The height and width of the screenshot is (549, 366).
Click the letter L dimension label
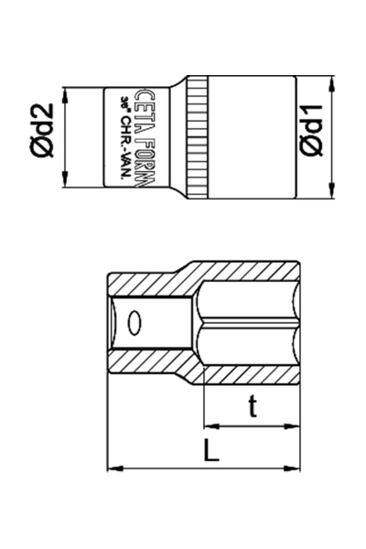pyautogui.click(x=210, y=451)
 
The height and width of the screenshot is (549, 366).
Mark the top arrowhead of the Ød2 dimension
pyautogui.click(x=66, y=92)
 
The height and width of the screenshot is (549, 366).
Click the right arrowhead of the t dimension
pyautogui.click(x=296, y=425)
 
